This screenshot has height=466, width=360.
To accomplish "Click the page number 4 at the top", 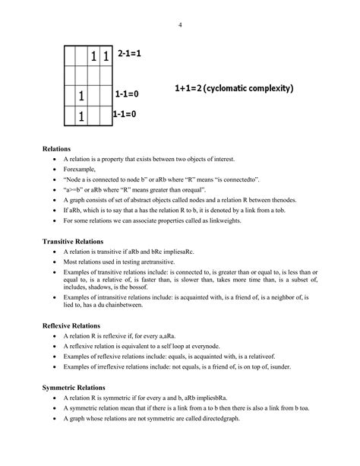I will coord(180,24).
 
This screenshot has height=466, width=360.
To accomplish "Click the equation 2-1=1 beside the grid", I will coord(130,54).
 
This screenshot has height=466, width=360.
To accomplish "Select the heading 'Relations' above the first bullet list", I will coord(57,149).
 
